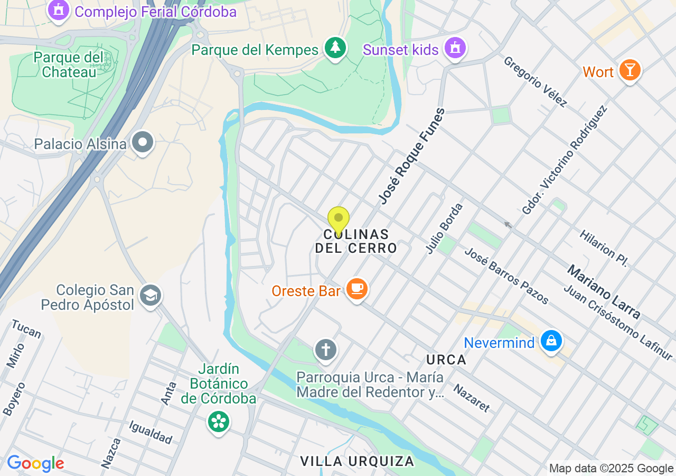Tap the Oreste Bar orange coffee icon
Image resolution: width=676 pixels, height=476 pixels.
pos(357,289)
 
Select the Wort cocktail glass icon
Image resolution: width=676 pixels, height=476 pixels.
pos(630,70)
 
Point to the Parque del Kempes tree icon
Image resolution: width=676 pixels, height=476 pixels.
pos(335,48)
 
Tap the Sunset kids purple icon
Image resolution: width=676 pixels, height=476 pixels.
pos(455,49)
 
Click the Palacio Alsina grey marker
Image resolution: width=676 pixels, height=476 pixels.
pos(143,143)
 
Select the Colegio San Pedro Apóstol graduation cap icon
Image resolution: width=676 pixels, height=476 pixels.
pos(151,296)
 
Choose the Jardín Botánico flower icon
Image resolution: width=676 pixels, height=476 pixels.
pos(219,422)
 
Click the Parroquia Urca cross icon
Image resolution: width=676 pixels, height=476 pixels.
pos(325,350)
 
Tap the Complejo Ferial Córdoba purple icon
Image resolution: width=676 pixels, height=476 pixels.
pos(58,10)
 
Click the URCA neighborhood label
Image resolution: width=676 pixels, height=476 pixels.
pos(446,360)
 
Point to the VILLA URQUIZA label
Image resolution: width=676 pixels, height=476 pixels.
pos(357,461)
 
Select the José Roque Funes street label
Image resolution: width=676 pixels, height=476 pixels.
pos(412,157)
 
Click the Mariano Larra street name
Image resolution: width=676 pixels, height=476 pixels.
pos(604,292)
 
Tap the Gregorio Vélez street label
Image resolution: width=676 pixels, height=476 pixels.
pos(535,82)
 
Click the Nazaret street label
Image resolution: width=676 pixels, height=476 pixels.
pos(472,398)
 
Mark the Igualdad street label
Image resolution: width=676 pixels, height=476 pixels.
pos(151,432)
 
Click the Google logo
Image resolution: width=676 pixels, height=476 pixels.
pos(35,464)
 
